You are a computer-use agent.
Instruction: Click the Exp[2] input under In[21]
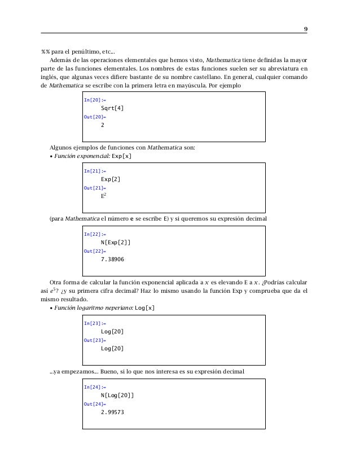[110, 179]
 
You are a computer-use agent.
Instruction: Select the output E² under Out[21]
[103, 196]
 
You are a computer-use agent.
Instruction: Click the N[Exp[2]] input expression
[116, 242]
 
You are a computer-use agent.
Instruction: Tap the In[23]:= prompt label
[94, 323]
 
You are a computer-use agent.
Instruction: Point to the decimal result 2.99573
[112, 413]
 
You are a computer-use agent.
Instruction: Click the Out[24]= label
[95, 405]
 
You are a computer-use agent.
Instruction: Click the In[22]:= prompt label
[94, 234]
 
